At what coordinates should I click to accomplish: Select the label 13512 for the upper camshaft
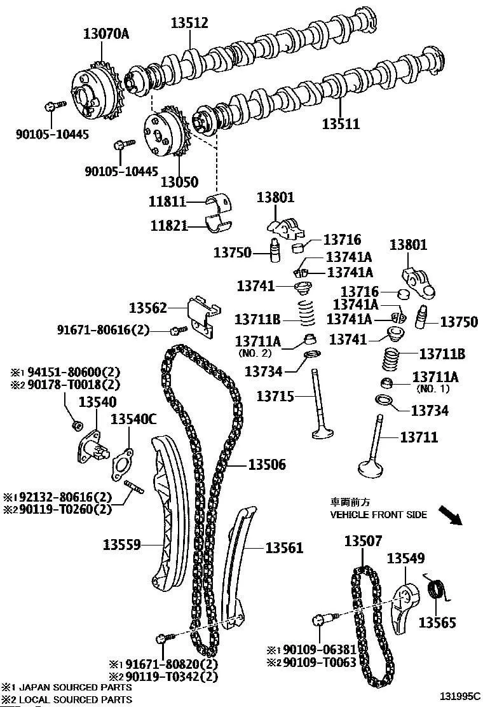tap(189, 24)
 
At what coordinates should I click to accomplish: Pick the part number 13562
tap(148, 308)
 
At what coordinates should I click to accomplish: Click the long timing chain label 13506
tap(267, 465)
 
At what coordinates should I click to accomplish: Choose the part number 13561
tap(284, 547)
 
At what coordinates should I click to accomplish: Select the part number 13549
tap(405, 559)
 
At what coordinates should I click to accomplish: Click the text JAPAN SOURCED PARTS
tap(75, 687)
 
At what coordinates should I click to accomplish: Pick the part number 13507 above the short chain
tap(364, 542)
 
